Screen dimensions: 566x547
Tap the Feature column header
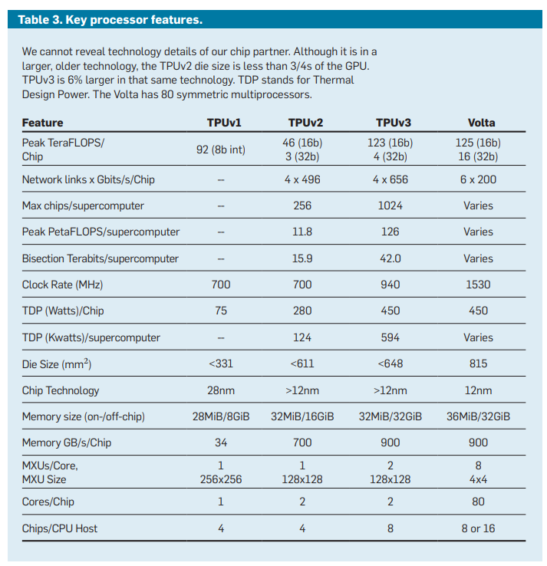(x=43, y=123)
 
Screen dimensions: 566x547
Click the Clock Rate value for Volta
(x=478, y=285)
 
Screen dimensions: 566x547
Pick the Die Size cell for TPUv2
(x=302, y=364)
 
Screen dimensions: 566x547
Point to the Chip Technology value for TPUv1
(x=221, y=390)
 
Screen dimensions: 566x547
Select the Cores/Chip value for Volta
(x=478, y=502)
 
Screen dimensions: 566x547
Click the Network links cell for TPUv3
(x=390, y=179)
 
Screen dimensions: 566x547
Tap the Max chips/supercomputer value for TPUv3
(x=390, y=206)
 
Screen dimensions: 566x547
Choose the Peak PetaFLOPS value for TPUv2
(x=302, y=232)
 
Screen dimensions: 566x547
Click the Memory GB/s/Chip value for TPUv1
(x=221, y=443)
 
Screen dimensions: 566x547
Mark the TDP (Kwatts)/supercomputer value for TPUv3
(x=390, y=337)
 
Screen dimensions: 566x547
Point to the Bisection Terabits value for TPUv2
(x=302, y=258)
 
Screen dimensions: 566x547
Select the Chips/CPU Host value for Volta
(x=478, y=528)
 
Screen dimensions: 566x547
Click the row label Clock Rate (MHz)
(x=62, y=285)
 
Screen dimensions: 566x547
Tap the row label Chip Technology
(x=61, y=390)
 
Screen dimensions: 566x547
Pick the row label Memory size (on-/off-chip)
(x=84, y=416)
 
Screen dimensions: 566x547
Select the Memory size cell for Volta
(x=478, y=416)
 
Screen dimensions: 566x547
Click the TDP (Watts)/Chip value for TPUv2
(x=302, y=311)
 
